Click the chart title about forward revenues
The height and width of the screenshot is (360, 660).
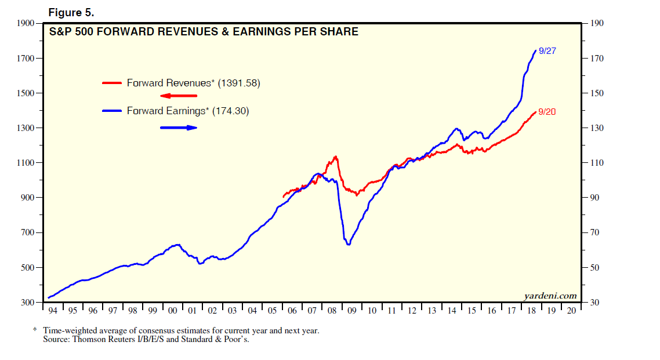pyautogui.click(x=204, y=32)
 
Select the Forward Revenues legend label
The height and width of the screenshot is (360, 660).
pyautogui.click(x=193, y=83)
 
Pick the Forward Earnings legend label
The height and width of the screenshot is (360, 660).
pyautogui.click(x=188, y=111)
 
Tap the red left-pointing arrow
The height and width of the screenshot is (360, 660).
pyautogui.click(x=179, y=96)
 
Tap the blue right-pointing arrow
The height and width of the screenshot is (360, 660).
pyautogui.click(x=179, y=128)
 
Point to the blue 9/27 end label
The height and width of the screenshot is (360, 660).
pyautogui.click(x=547, y=51)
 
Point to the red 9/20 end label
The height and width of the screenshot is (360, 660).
pyautogui.click(x=547, y=112)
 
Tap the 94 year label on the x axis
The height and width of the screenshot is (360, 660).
pyautogui.click(x=53, y=311)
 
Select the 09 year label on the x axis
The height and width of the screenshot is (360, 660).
pyautogui.click(x=352, y=311)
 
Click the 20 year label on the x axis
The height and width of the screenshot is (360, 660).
pyautogui.click(x=572, y=311)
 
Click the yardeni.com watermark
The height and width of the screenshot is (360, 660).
pyautogui.click(x=550, y=296)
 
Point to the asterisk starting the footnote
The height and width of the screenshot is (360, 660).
pyautogui.click(x=35, y=330)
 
